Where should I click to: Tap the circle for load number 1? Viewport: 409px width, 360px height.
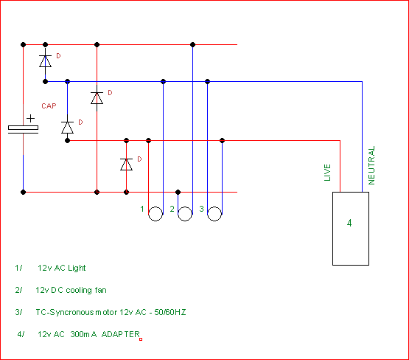tap(155, 221)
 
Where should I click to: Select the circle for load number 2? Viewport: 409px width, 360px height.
tap(185, 221)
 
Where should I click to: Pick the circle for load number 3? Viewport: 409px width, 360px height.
tap(214, 221)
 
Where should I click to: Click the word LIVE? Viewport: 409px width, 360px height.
tap(327, 173)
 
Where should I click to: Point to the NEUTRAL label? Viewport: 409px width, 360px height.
tap(371, 165)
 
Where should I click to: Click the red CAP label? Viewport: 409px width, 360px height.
tap(49, 106)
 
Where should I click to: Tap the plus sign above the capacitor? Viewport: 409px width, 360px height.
tap(30, 119)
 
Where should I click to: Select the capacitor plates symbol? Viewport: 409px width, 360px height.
tap(24, 130)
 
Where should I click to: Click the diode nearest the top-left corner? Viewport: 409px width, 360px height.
tap(46, 61)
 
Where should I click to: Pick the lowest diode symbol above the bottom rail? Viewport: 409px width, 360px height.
tap(126, 165)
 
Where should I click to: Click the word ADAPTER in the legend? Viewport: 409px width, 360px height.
tap(121, 334)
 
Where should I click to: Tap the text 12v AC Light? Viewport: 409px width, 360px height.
tap(62, 268)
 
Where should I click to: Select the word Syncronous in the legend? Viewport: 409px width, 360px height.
tap(71, 312)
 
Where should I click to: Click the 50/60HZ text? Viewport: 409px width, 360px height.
tap(170, 312)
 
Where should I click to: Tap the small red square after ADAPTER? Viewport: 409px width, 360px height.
tap(141, 339)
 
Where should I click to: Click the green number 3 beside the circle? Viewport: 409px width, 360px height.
tap(201, 209)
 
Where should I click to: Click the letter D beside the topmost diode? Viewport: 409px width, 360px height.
tap(58, 56)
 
